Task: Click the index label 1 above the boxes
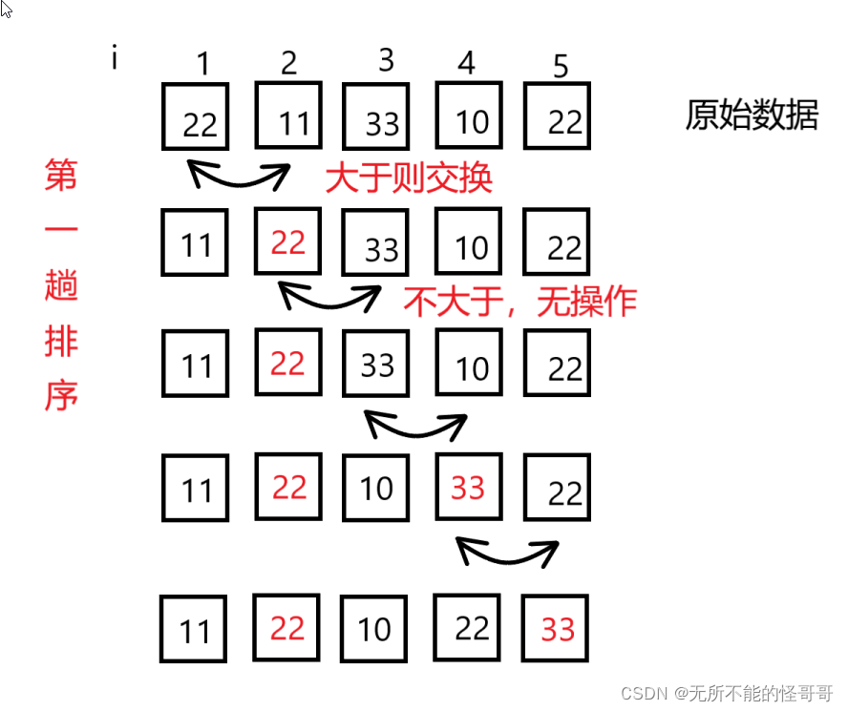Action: point(202,64)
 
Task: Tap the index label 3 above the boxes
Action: point(386,60)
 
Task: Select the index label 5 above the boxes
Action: point(561,66)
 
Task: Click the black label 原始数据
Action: point(752,115)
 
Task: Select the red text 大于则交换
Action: point(409,178)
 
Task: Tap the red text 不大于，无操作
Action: point(519,302)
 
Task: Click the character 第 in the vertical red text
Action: point(61,176)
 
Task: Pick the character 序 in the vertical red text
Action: point(61,396)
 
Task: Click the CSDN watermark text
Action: point(727,692)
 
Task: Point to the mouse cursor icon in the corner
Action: point(7,9)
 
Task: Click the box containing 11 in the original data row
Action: point(288,115)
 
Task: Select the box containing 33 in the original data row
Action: point(376,118)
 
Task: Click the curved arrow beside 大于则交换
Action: point(239,177)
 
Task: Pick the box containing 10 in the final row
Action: point(373,628)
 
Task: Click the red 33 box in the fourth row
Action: point(469,487)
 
